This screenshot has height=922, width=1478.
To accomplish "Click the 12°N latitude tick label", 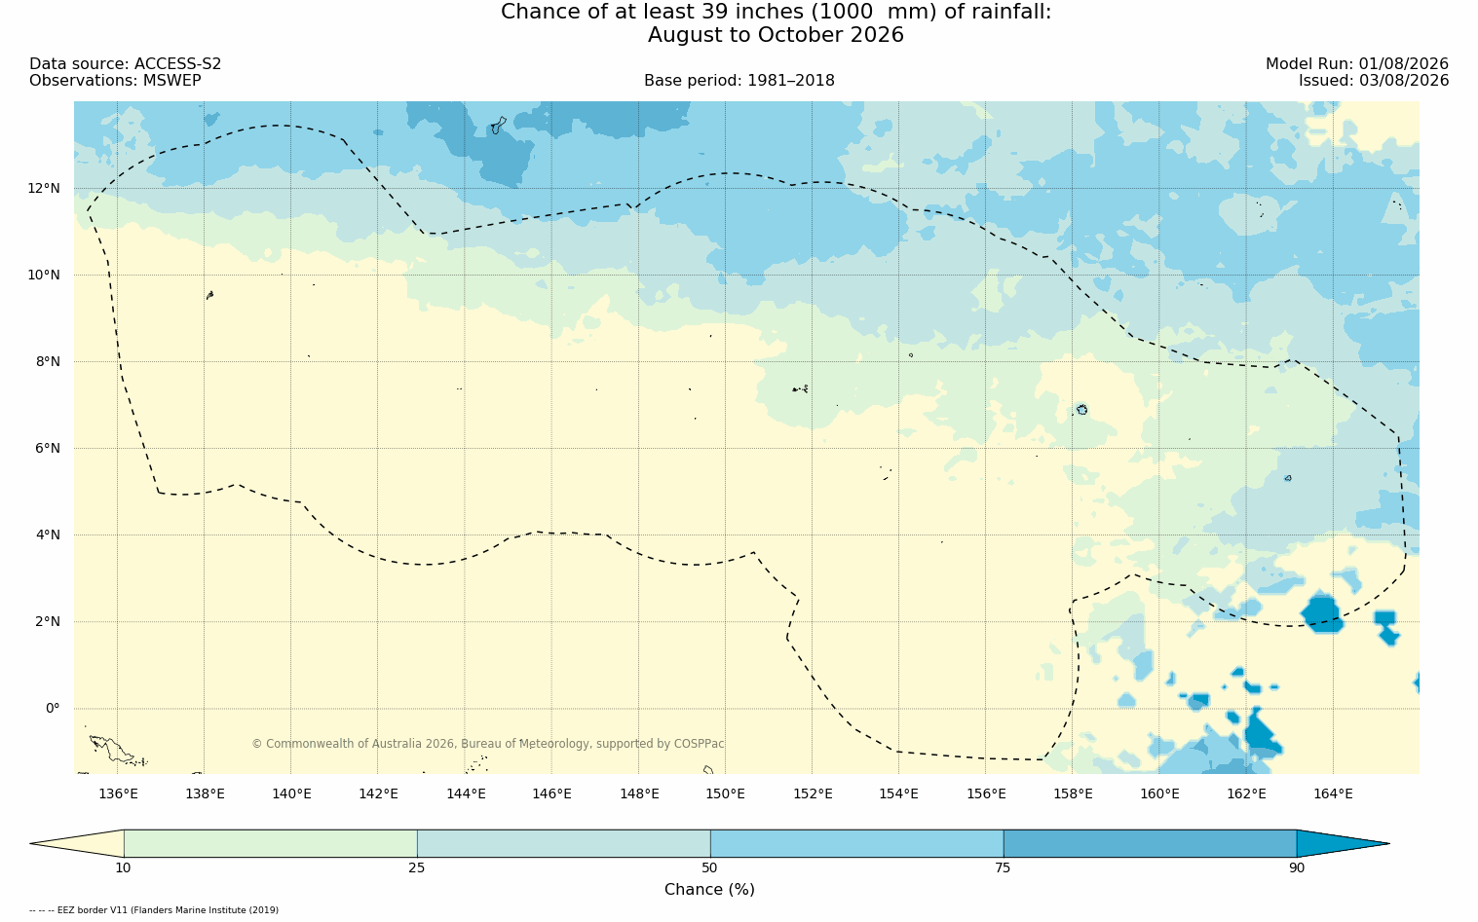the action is click(x=44, y=189).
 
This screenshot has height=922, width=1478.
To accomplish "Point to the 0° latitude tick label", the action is click(x=53, y=709).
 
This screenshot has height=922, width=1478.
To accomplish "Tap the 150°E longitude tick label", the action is click(x=725, y=793).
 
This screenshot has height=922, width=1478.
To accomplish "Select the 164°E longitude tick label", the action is click(x=1333, y=793).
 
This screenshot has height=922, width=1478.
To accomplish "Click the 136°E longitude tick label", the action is click(x=118, y=793).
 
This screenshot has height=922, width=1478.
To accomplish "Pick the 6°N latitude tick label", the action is click(x=48, y=449).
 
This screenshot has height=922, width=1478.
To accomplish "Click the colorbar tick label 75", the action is click(x=1003, y=867).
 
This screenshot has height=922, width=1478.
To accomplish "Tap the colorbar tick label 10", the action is click(x=124, y=867).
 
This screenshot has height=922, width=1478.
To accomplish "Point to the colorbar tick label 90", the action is click(x=1297, y=867).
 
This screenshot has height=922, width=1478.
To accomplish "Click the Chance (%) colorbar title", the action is click(x=709, y=890).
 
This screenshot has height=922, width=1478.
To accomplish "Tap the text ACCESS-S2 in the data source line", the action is click(x=177, y=64).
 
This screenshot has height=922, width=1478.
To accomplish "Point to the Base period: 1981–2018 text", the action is click(x=739, y=81).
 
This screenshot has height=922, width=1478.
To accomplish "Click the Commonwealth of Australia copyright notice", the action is click(x=488, y=744).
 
